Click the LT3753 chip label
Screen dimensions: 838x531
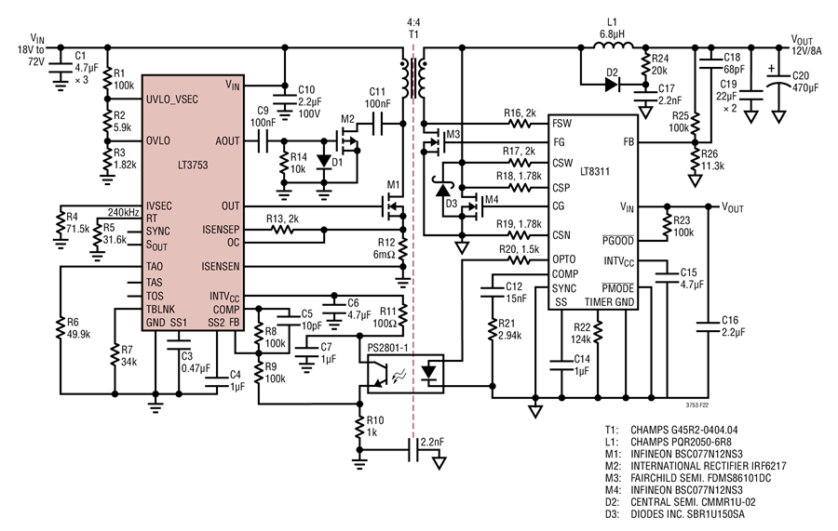tap(193, 166)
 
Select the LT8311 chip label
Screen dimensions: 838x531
tap(595, 172)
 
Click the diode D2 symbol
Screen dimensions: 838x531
tap(612, 85)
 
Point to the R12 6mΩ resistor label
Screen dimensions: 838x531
tap(385, 248)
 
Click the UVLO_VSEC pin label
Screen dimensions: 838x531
tap(171, 100)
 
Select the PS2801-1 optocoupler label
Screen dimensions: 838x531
tap(388, 348)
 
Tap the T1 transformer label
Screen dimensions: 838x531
tap(413, 34)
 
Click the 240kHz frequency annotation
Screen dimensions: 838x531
tap(124, 212)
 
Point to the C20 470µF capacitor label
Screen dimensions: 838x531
tap(804, 82)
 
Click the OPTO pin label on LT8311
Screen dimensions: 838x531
tap(564, 259)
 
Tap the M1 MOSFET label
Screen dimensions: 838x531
tap(393, 185)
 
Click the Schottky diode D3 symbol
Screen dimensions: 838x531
tap(442, 190)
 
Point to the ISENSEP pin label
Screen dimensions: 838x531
tap(221, 230)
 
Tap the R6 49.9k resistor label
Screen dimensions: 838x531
tap(78, 328)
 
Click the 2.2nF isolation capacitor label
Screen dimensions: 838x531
tap(432, 443)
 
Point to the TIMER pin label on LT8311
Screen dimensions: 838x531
tap(597, 302)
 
